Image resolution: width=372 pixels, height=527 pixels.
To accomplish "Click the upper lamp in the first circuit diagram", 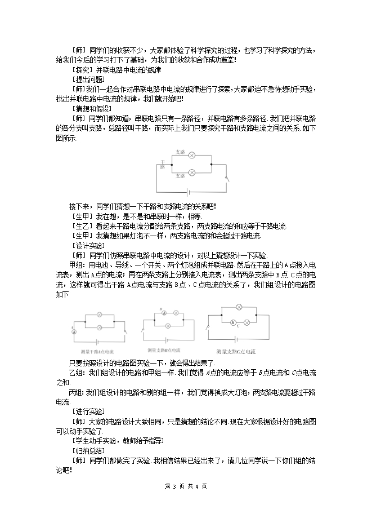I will [191, 154].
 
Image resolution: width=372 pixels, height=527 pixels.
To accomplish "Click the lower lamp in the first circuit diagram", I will [191, 171].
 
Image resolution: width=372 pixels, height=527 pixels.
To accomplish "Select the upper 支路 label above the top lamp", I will [180, 150].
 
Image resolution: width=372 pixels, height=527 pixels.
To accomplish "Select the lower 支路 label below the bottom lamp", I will [180, 176].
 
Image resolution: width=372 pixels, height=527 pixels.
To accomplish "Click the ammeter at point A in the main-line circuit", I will [74, 331].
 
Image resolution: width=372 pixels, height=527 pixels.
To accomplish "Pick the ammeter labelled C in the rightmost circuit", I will [232, 323].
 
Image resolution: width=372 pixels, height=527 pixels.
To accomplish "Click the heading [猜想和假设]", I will [92, 108].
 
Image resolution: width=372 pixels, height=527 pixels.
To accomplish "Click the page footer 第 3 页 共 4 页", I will [186, 486].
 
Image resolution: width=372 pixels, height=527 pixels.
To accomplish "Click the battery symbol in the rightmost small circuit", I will [236, 340].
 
